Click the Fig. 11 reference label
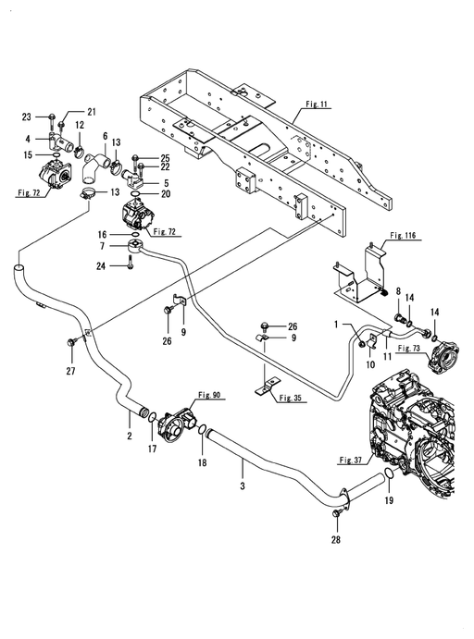(317, 104)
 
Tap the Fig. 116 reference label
(403, 235)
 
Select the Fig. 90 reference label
(209, 395)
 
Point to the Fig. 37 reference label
(351, 461)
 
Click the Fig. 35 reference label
(291, 398)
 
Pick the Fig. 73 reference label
(409, 348)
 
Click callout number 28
(336, 540)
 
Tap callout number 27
(70, 371)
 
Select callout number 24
(101, 266)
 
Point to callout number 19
(389, 500)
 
